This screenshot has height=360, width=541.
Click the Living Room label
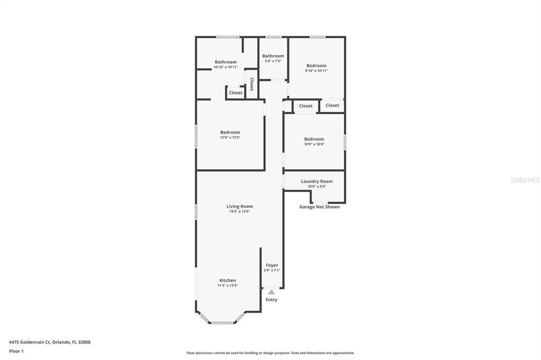click(x=239, y=206)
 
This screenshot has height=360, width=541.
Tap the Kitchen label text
click(x=228, y=280)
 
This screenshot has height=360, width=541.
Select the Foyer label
click(x=272, y=265)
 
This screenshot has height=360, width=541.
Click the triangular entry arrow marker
click(x=271, y=291)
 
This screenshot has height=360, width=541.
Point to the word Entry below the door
click(x=271, y=300)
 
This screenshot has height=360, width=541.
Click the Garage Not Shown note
click(x=319, y=207)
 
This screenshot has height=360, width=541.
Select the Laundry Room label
click(x=316, y=181)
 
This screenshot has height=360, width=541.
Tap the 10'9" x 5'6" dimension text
click(x=316, y=186)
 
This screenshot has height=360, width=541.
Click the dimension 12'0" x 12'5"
click(x=230, y=137)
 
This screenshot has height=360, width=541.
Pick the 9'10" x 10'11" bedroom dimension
click(x=316, y=71)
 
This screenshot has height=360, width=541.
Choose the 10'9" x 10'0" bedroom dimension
click(x=314, y=144)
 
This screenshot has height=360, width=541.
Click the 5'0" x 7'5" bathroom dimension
click(x=273, y=61)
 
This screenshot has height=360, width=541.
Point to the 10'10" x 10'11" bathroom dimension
click(x=225, y=67)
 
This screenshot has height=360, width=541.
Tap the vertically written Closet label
click(x=251, y=84)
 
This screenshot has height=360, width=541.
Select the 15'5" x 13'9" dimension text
click(x=239, y=212)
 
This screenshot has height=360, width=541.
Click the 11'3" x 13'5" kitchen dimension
click(x=228, y=286)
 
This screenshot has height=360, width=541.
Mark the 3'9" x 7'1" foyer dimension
click(x=272, y=270)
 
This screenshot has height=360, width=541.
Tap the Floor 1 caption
click(x=16, y=351)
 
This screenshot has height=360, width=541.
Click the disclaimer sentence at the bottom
click(x=270, y=353)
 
